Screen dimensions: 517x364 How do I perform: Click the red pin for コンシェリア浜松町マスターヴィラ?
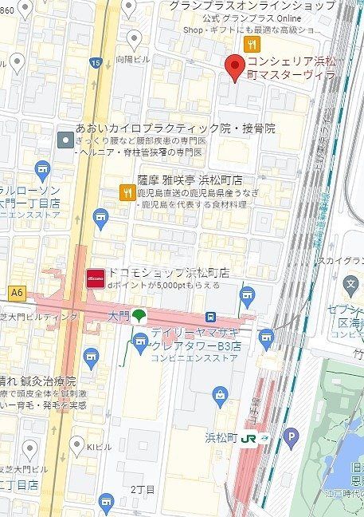[233, 67]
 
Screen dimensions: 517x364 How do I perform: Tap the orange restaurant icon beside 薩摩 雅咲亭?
[126, 191]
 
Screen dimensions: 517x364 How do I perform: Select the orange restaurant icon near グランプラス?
[254, 45]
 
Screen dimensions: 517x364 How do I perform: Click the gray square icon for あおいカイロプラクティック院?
[65, 140]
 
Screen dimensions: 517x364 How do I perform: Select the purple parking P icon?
[292, 436]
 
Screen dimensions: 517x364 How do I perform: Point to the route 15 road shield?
[96, 63]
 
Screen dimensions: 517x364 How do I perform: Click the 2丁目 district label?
[142, 488]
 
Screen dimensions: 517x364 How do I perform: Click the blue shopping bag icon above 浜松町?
[219, 393]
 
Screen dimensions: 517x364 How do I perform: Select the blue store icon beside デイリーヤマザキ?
[140, 344]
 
